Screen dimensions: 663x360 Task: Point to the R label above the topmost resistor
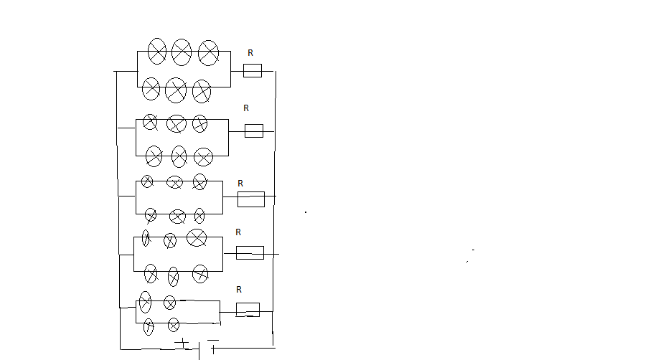[250, 53]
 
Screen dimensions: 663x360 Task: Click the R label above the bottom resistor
[239, 290]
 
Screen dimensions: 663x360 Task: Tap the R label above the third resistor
[240, 184]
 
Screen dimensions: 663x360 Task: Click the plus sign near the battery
[182, 342]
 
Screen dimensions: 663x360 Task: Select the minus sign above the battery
[213, 340]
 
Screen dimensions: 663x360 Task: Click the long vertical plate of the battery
[199, 351]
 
